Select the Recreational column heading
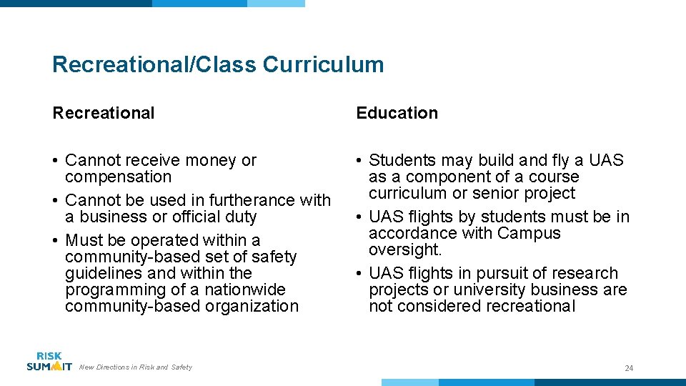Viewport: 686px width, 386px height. coord(103,113)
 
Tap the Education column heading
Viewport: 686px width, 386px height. coord(397,113)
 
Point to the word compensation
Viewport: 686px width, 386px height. coord(118,177)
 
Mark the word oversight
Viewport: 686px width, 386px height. coord(405,249)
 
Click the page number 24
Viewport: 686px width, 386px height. coord(629,368)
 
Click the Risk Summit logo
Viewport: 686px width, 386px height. coord(49,362)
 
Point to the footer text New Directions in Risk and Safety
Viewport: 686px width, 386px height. coord(136,367)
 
